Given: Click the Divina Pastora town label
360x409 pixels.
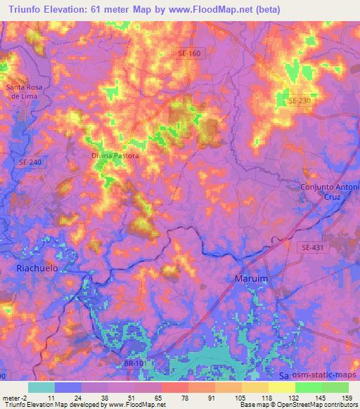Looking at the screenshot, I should (116, 155).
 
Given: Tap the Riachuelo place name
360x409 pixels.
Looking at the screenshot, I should (37, 268).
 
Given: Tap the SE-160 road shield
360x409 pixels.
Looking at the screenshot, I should (190, 53).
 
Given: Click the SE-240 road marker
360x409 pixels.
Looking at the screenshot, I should (28, 161).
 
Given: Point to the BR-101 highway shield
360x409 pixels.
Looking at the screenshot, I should (130, 363).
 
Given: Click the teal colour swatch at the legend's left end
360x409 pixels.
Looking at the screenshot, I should (41, 387).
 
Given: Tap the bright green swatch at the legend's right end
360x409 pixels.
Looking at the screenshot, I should (335, 387).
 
